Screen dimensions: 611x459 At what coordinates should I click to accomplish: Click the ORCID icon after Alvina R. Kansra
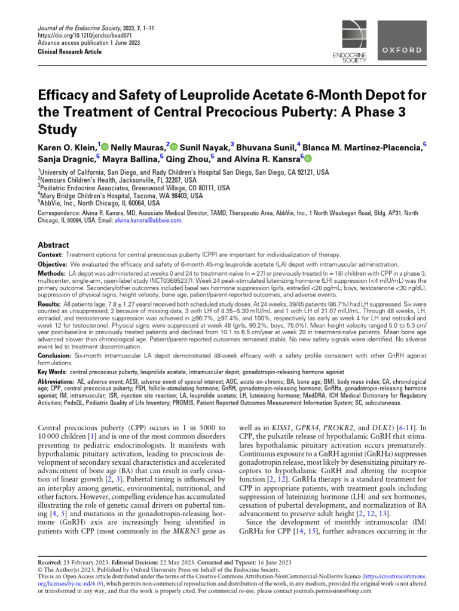308,159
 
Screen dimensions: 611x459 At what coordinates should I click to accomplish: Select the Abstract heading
53,245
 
